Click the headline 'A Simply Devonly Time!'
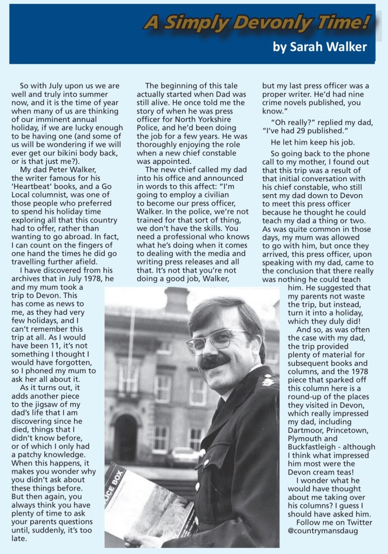[257, 22]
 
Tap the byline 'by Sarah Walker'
[320, 47]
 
